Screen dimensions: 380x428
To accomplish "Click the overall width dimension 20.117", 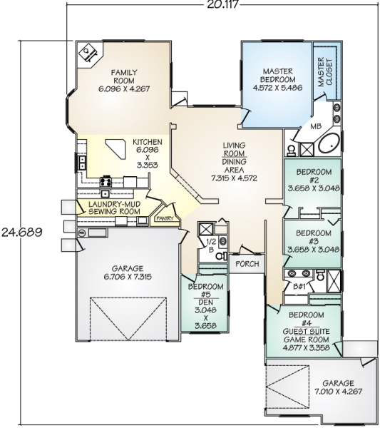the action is pos(222,4).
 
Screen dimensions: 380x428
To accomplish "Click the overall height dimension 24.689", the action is pos(22,233).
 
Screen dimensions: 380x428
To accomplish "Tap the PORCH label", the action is pos(247,264).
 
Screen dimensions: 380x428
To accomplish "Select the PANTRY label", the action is pos(165,218).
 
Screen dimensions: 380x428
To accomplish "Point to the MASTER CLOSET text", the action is pos(325,72).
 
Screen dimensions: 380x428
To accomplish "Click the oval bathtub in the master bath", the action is pos(329,143).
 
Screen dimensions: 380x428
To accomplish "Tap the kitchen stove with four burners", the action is pos(106,181).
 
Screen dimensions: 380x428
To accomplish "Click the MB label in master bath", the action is pos(316,126).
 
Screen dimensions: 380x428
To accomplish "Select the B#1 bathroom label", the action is pos(299,287).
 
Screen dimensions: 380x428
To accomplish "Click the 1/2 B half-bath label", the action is pos(211,245).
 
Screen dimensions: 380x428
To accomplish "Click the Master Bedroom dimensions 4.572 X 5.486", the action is pos(277,88).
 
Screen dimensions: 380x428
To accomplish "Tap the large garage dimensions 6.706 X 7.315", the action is pos(128,277).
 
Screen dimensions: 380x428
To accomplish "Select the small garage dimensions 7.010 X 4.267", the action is pos(338,392).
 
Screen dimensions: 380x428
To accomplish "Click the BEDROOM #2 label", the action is pos(314,176).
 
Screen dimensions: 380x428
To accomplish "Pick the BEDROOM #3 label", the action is pos(314,238).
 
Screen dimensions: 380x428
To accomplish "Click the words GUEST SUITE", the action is pos(306,332).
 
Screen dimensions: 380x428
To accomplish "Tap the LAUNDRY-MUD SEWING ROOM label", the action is pos(114,208).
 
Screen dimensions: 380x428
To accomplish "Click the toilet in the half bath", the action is pos(221,256).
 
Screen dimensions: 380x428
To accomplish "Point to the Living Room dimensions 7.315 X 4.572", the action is pos(234,178).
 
